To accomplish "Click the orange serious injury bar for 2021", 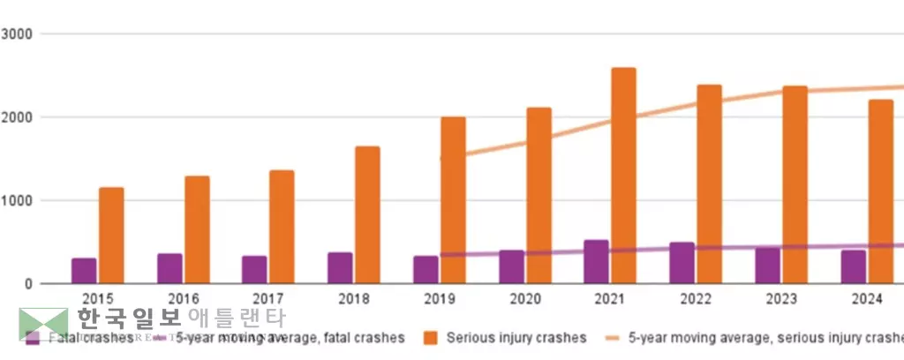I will pyautogui.click(x=623, y=176).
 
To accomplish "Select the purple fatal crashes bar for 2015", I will pyautogui.click(x=84, y=271).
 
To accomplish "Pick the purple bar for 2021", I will pyautogui.click(x=596, y=261).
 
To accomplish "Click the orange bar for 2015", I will pyautogui.click(x=111, y=236).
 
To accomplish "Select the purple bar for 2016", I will pyautogui.click(x=169, y=268).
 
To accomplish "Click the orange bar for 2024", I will pyautogui.click(x=880, y=191).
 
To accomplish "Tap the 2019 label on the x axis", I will pyautogui.click(x=440, y=299).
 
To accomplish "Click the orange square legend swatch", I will pyautogui.click(x=430, y=337).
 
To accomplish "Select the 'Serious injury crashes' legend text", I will pyautogui.click(x=516, y=337).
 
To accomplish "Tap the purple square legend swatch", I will pyautogui.click(x=33, y=337).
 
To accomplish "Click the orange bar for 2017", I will pyautogui.click(x=282, y=227).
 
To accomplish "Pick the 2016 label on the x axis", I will pyautogui.click(x=183, y=299).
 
